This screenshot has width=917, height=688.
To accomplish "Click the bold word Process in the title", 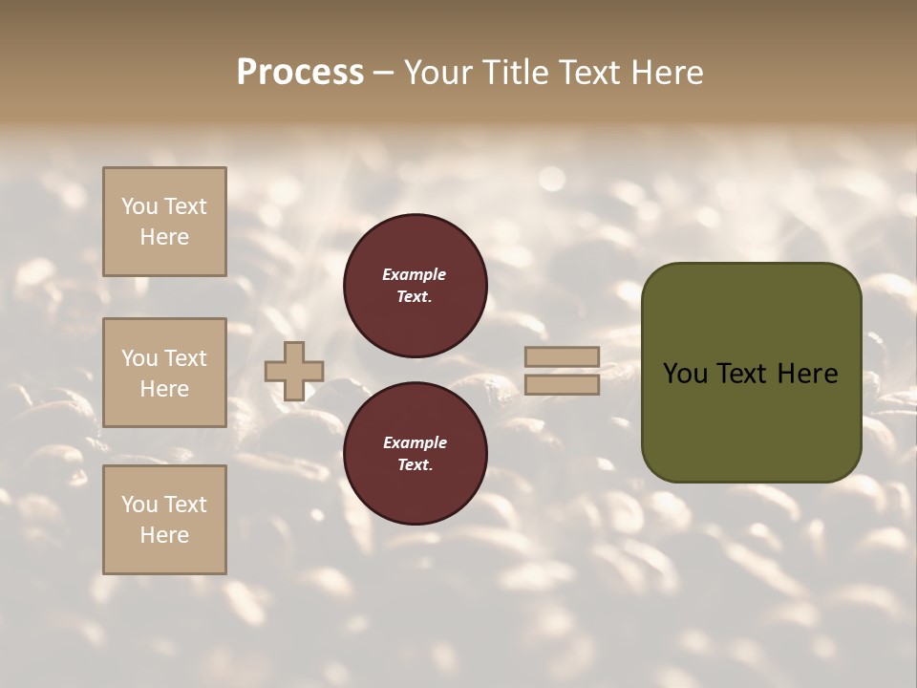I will (300, 73).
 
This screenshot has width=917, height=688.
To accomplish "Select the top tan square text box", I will (164, 222).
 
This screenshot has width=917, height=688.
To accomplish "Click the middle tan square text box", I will (164, 373).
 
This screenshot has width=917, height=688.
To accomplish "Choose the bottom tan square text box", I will (164, 520).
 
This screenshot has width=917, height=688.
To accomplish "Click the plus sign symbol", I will (294, 372).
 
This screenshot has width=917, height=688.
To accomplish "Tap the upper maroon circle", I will (416, 286).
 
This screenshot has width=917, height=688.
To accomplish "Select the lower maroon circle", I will (416, 453).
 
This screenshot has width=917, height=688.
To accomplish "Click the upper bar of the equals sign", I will (562, 357).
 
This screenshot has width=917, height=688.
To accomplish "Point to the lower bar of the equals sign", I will (562, 385).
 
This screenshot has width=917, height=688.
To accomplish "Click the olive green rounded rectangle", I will (751, 373).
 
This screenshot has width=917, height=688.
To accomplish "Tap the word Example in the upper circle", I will (415, 274).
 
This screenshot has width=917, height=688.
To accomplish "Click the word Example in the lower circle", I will (415, 442).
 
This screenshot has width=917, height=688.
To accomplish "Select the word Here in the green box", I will (806, 374).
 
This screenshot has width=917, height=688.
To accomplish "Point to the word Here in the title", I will (666, 73).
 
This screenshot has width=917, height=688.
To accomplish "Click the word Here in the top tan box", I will (164, 237).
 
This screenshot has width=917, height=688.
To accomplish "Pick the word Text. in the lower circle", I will (415, 464).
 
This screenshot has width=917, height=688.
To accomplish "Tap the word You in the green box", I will (685, 374).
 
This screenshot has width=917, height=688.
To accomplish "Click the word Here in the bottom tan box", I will (164, 535).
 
